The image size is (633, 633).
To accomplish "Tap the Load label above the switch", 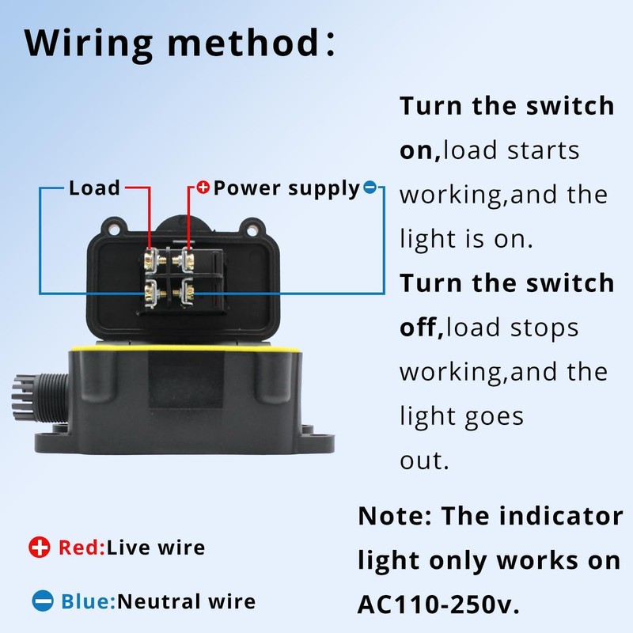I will [x=94, y=188].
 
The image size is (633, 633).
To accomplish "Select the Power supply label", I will [x=286, y=188].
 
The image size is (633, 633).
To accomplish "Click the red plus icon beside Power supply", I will [x=203, y=188].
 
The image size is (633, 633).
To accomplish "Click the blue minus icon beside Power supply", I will [x=370, y=188].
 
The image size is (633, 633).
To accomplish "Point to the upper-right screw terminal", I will [x=189, y=257].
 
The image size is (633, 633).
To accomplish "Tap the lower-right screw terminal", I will [x=189, y=294].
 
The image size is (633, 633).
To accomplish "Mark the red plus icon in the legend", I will [x=39, y=547].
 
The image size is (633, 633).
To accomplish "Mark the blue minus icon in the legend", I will [x=43, y=601].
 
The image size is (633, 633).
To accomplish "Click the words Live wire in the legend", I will [x=156, y=547].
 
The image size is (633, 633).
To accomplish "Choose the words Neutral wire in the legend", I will [x=187, y=601].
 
